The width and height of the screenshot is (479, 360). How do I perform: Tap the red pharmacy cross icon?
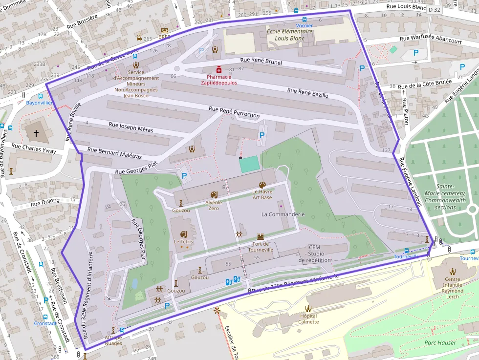(219, 69)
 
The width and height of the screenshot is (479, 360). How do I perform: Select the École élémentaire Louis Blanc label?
(289, 34)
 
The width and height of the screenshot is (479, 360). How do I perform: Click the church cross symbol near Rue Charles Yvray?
(36, 133)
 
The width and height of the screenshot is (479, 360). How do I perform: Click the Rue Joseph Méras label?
(131, 127)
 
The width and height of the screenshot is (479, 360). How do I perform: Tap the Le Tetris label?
(183, 242)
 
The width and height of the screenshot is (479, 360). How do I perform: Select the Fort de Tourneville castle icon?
(260, 236)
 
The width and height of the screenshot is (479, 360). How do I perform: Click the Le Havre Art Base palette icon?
(262, 185)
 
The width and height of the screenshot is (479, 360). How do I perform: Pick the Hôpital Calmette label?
(308, 318)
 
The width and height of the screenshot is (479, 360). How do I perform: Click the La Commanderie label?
(283, 214)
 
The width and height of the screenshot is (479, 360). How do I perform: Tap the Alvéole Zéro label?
(213, 205)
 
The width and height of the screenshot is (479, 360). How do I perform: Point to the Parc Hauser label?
(440, 342)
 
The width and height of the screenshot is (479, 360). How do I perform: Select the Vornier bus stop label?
(305, 25)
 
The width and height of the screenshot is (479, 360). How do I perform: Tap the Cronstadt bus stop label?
(44, 323)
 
